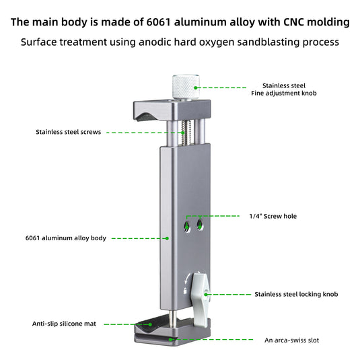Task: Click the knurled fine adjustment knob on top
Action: (186, 87)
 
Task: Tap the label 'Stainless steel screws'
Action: (69, 132)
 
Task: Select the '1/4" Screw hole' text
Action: (273, 216)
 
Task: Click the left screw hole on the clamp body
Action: (187, 226)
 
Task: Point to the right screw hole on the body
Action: (200, 225)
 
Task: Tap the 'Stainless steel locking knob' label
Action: (296, 294)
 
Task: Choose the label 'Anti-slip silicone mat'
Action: (64, 324)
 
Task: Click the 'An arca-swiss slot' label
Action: (291, 340)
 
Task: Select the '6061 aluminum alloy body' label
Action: (66, 238)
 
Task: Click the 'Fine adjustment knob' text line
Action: (284, 94)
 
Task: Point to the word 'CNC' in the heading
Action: (294, 22)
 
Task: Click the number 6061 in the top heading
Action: (158, 22)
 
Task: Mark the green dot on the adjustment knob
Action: (196, 87)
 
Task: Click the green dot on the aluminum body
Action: (167, 238)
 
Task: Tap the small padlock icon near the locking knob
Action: (185, 291)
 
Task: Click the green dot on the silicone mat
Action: (150, 324)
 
